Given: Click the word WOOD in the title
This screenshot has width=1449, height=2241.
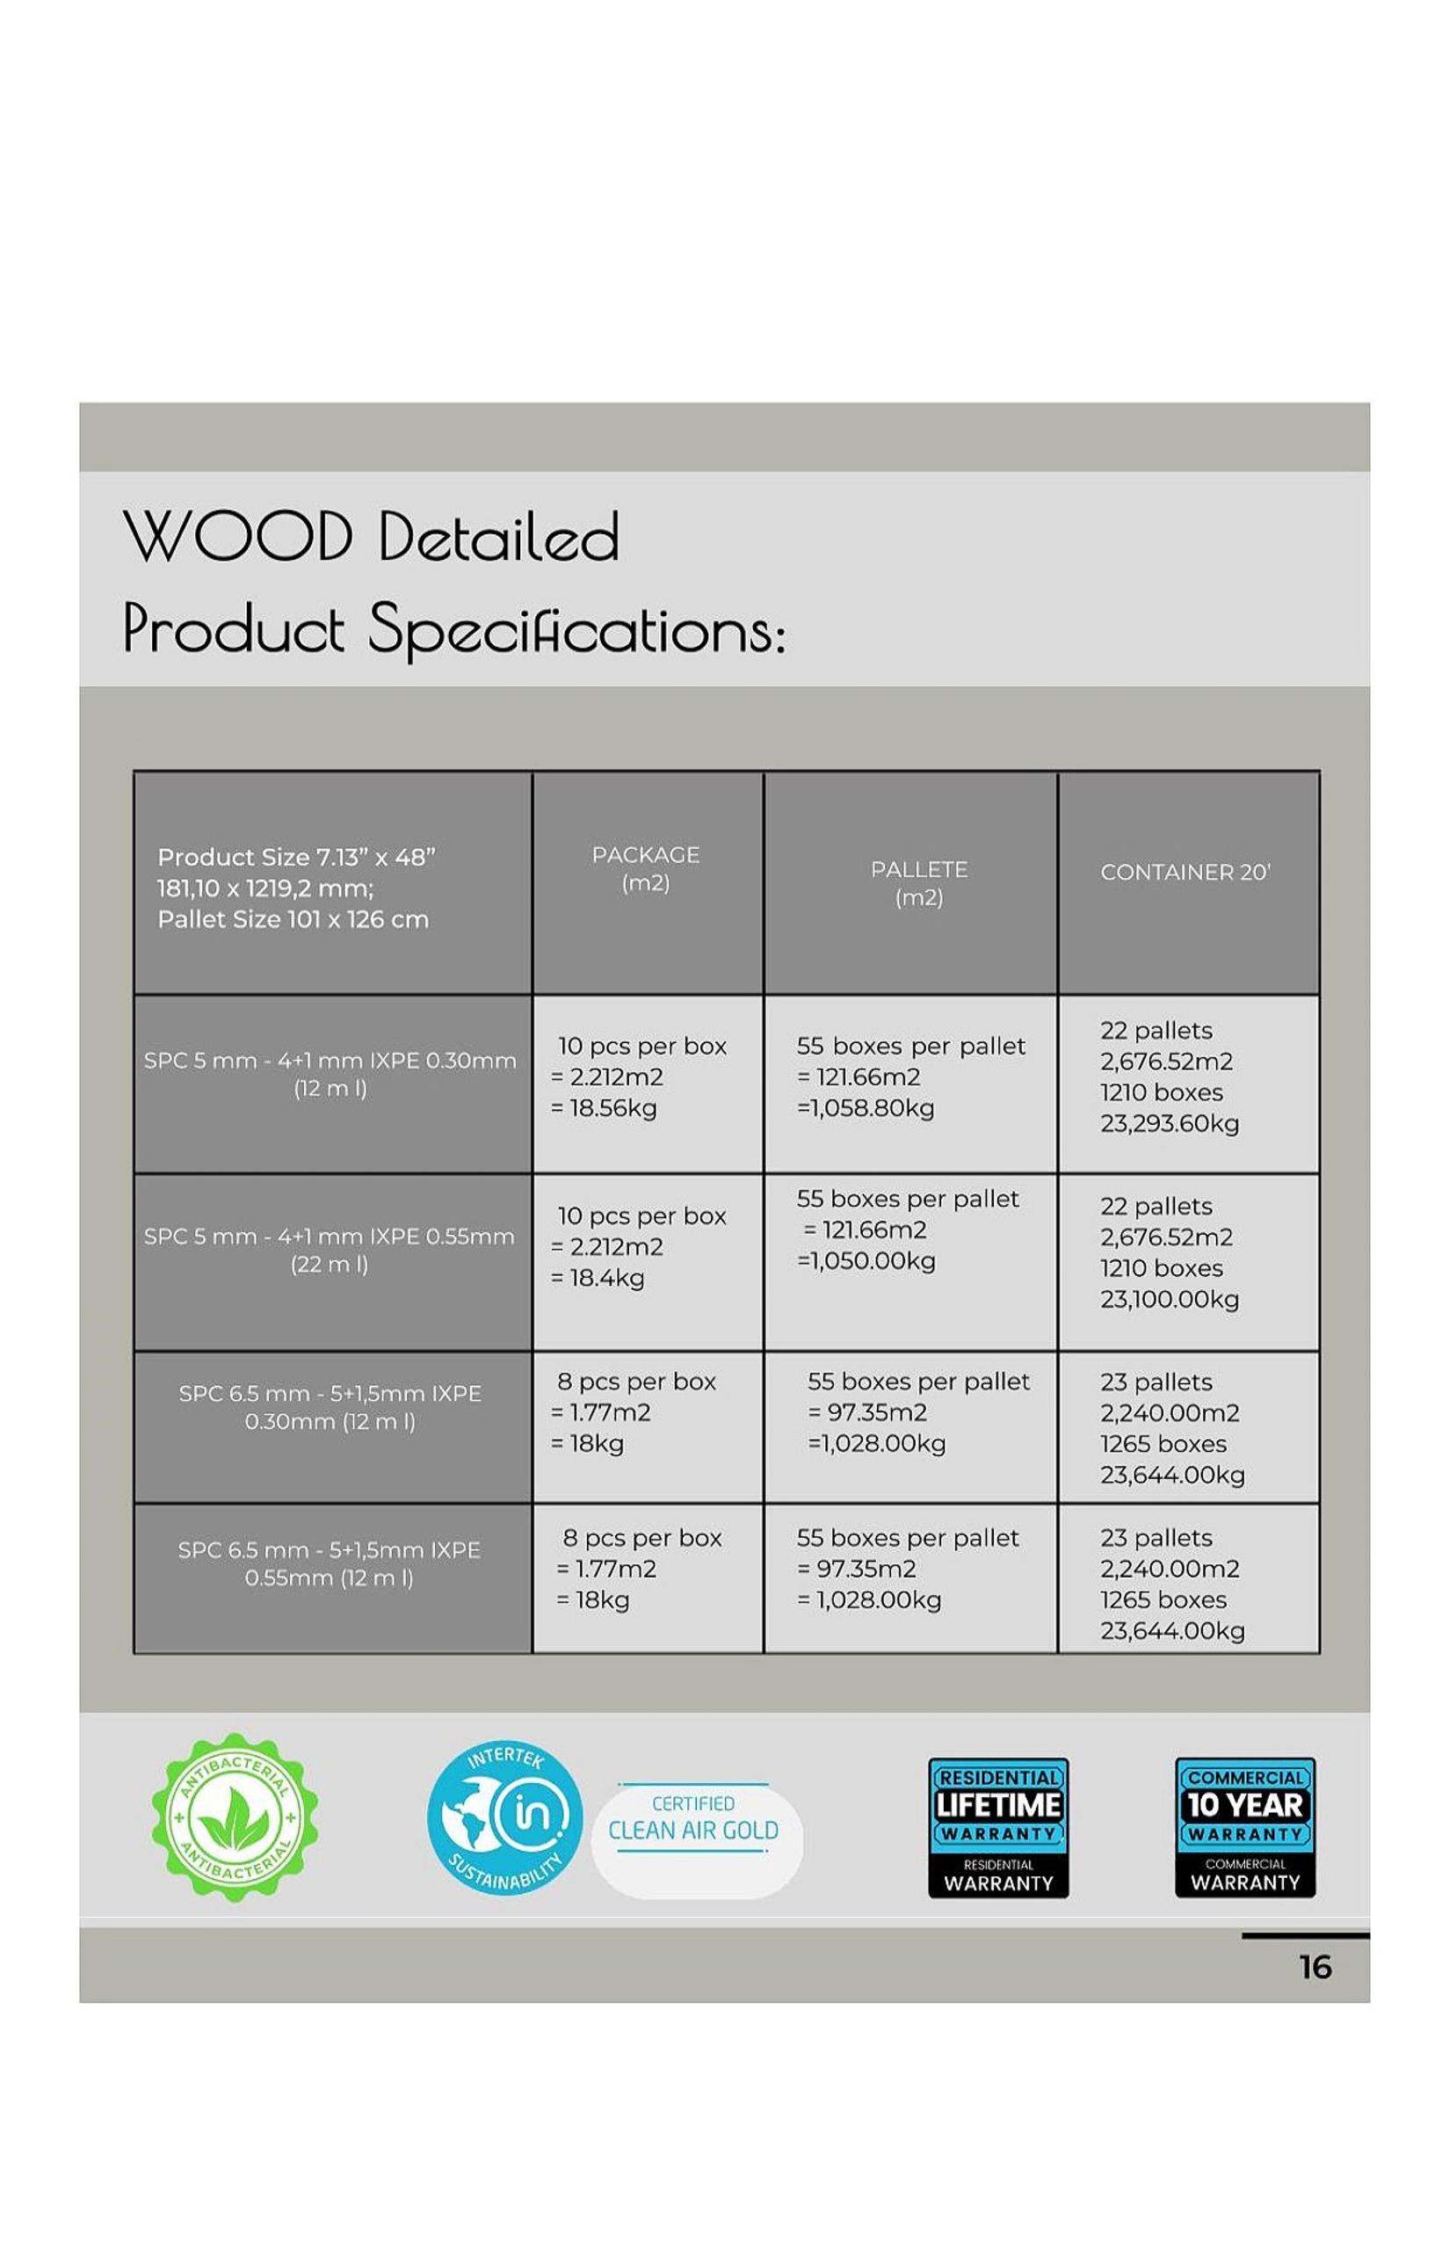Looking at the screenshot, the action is coord(238,536).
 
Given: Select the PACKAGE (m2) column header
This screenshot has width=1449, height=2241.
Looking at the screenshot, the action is coord(646,868).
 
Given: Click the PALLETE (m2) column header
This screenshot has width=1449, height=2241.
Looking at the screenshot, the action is coord(919,882).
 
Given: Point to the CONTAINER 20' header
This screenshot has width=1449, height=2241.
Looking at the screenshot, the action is coord(1185,872).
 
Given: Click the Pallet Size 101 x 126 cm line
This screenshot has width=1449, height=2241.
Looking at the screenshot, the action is coord(293,919).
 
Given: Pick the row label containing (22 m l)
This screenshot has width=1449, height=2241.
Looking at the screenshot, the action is coord(330,1250).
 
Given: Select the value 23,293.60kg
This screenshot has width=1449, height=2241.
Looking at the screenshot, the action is coord(1170,1123).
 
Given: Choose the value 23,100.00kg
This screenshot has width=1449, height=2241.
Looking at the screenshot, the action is coord(1170,1299).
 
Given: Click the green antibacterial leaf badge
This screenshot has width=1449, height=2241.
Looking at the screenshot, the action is coord(235,1817).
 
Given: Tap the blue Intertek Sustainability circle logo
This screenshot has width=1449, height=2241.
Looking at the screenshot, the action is coord(505,1817).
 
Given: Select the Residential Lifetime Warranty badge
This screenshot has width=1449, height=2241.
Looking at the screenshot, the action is coord(998,1827).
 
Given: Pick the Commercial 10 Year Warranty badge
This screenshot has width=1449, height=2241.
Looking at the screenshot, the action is coord(1245,1827).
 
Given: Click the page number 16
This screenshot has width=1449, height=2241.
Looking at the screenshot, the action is coord(1315,1967).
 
